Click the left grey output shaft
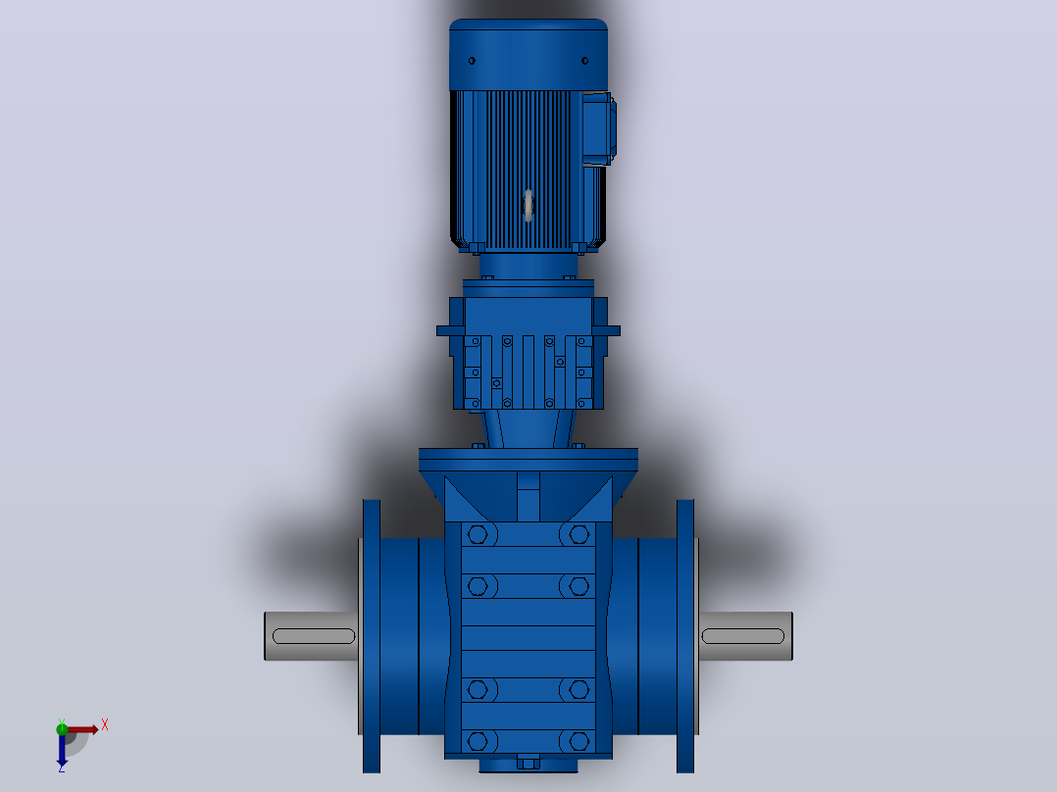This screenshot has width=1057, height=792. [311, 636]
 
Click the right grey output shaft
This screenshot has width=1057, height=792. [745, 636]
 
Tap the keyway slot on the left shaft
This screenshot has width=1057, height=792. [314, 636]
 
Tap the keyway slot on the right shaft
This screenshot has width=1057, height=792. [743, 636]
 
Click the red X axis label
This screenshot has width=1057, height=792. [105, 725]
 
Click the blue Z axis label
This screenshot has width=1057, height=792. [62, 767]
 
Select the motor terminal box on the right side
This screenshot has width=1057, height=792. [598, 128]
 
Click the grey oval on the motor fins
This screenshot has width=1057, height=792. [528, 205]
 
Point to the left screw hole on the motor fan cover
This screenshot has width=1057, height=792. [472, 61]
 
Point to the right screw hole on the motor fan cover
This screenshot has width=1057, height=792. [585, 61]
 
